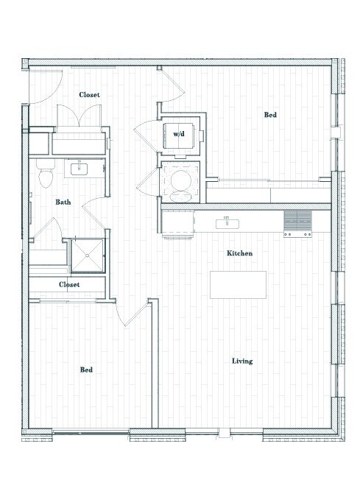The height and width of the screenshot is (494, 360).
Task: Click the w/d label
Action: coord(178,135)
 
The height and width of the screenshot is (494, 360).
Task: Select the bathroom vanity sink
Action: coord(78,169)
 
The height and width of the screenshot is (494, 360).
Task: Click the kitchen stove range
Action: coord(297,223)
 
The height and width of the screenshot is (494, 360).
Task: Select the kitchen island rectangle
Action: coord(238,284)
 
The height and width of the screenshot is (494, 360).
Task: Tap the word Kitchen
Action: coord(239,253)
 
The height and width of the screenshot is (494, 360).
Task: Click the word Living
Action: coord(242,361)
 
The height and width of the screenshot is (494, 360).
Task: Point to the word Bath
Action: coord(63,202)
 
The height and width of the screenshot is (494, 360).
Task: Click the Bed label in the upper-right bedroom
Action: coord(270,115)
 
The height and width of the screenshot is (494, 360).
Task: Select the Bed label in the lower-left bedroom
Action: coord(86,370)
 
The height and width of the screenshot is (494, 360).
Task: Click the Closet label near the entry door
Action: coord(89,95)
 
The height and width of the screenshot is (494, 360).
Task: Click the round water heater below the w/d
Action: coord(179,180)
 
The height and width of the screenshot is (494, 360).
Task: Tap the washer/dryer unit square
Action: coord(179,135)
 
